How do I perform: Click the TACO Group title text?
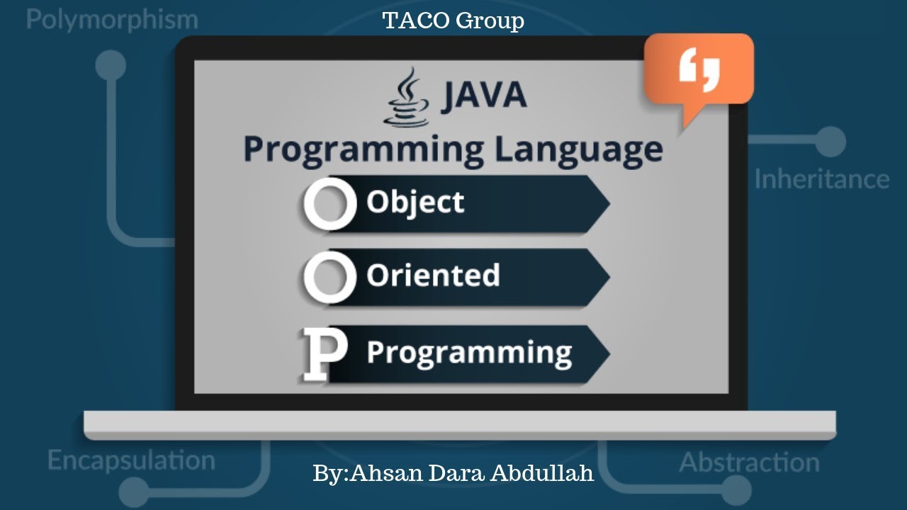click(x=453, y=21)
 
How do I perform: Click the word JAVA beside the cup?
click(x=484, y=96)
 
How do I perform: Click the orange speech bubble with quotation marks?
click(x=699, y=71)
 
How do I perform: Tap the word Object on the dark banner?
click(x=415, y=203)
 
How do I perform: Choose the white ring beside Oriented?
click(x=329, y=276)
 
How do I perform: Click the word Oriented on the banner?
click(x=433, y=276)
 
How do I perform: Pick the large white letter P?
click(x=325, y=353)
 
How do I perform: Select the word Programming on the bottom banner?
click(x=469, y=352)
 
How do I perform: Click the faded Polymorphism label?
click(x=112, y=19)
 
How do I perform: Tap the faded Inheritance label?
click(x=821, y=178)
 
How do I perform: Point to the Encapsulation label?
click(x=131, y=460)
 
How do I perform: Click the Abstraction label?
click(x=749, y=463)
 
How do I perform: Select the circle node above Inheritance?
click(x=830, y=142)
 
